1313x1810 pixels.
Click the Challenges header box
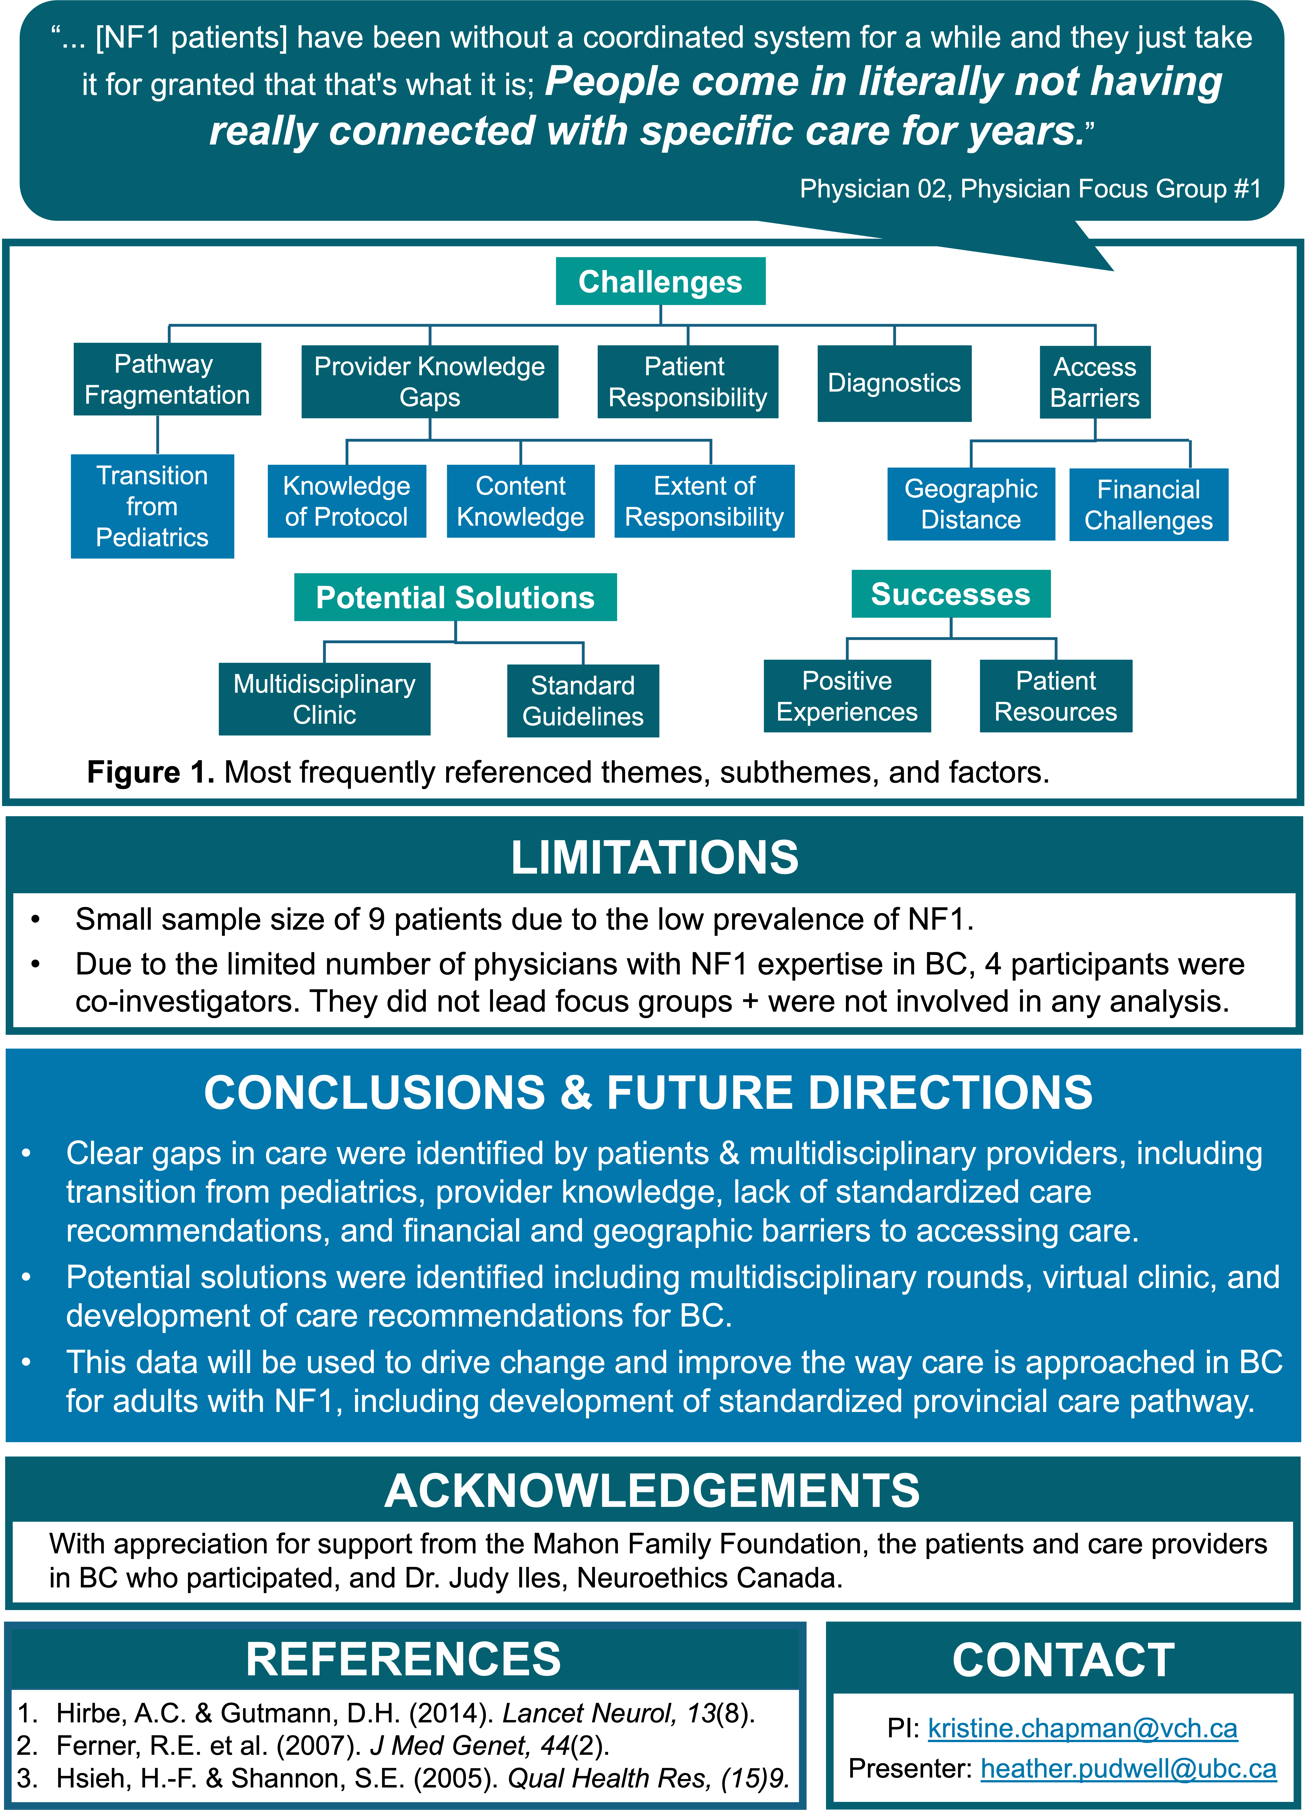(660, 281)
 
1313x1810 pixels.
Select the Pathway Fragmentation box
(167, 379)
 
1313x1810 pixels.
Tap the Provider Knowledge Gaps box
(429, 381)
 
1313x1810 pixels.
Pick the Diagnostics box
(894, 383)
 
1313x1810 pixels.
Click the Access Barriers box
(1094, 382)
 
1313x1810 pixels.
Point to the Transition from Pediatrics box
(152, 506)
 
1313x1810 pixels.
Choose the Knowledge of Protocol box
(346, 501)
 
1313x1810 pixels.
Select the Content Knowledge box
(520, 501)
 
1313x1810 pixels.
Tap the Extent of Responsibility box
(704, 501)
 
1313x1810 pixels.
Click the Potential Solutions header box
(455, 597)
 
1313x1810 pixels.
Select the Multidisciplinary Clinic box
(324, 699)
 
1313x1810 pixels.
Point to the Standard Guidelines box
(583, 701)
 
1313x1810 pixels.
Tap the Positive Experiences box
(847, 696)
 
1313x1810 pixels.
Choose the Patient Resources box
(1055, 696)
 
